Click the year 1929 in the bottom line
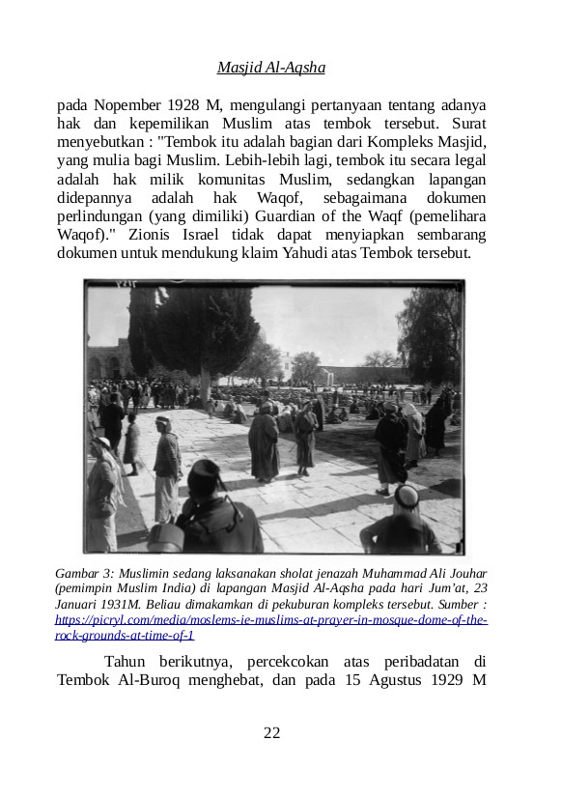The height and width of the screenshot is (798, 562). tap(445, 680)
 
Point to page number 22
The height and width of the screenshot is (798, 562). tap(271, 733)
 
